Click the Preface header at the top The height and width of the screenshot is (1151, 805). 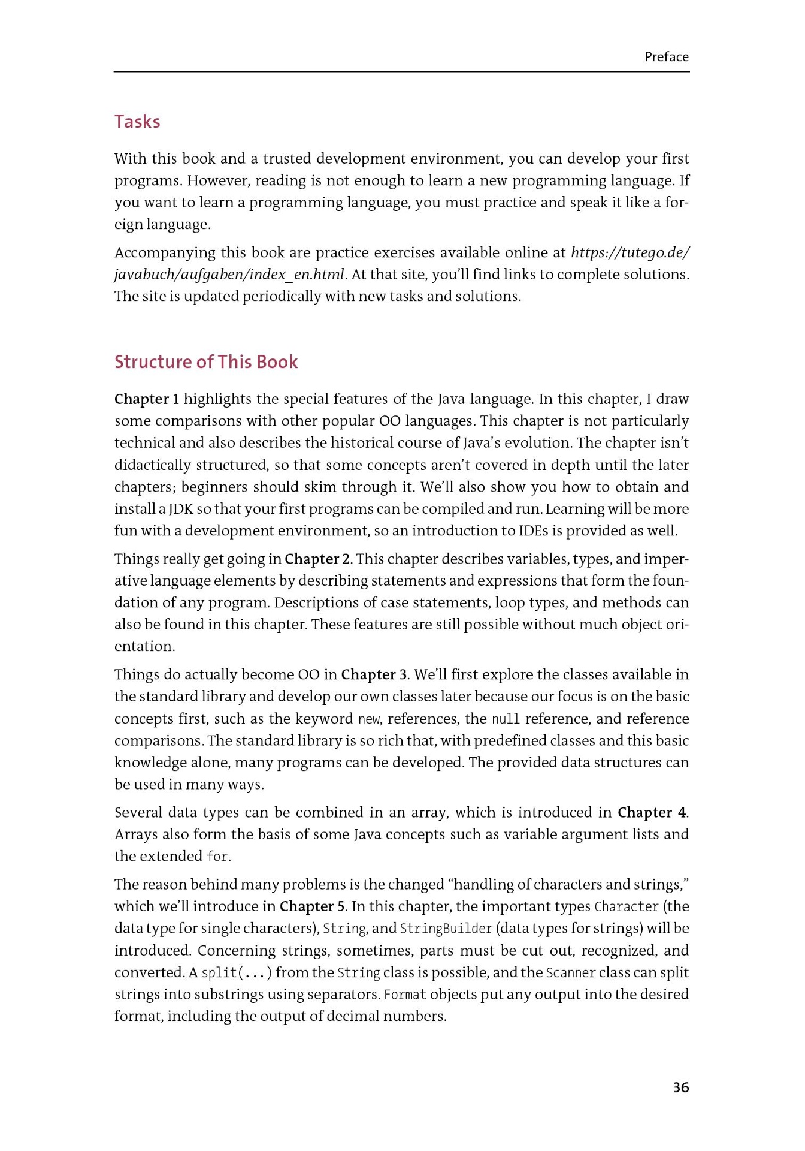666,57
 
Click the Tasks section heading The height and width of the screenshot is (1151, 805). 137,122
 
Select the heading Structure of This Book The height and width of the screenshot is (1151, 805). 206,362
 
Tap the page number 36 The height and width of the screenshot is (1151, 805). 681,1087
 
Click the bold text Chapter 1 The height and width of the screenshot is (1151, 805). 147,399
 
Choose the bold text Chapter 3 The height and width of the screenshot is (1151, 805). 374,675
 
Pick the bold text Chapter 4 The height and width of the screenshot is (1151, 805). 652,813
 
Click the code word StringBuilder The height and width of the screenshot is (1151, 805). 446,929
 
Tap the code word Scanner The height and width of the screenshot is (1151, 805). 571,972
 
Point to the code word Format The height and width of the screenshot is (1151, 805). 405,995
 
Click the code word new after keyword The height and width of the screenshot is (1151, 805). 369,719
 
